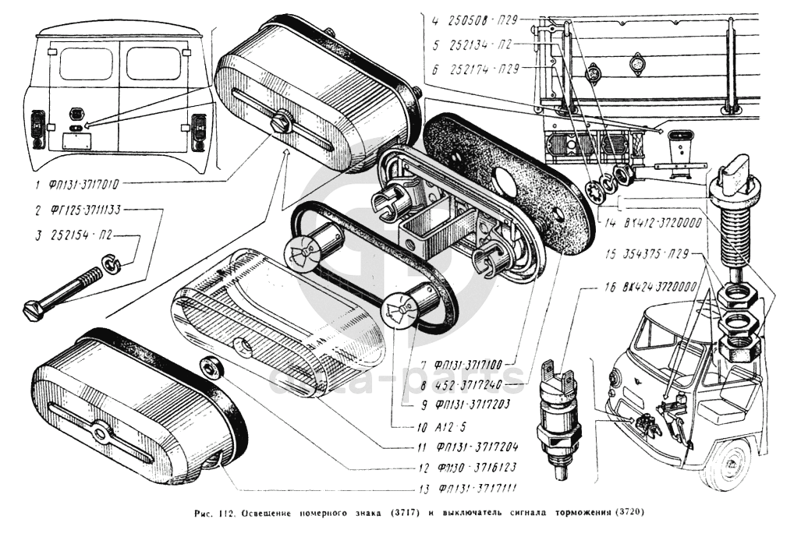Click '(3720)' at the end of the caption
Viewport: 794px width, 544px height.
point(629,513)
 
